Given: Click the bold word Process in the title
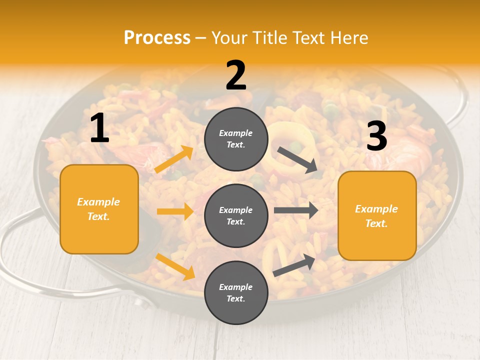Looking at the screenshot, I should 157,37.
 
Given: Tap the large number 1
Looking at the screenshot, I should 99,128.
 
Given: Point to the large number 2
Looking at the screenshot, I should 236,75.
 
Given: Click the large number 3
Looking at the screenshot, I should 376,136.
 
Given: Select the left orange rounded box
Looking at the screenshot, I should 99,209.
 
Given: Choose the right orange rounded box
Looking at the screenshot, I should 377,215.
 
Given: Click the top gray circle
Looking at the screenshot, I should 236,139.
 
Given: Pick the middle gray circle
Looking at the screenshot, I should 236,215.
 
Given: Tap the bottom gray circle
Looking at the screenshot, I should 236,292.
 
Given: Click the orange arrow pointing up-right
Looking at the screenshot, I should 174,159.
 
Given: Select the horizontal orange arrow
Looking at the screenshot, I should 175,211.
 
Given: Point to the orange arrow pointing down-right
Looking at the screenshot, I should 175,266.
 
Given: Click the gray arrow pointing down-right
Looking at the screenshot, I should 298,160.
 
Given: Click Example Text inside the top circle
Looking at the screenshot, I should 236,139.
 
